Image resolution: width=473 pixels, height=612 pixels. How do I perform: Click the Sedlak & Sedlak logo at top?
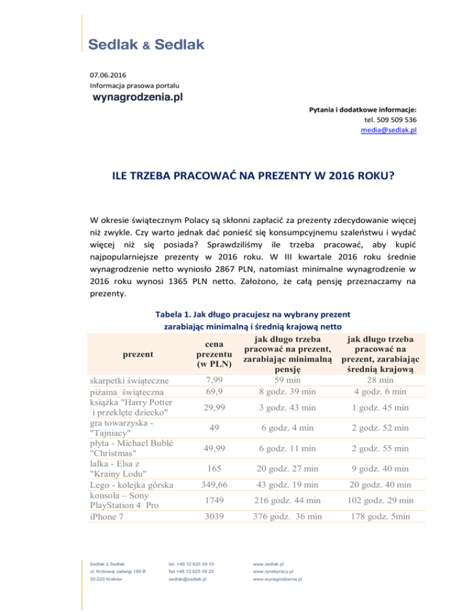pos(146,45)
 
